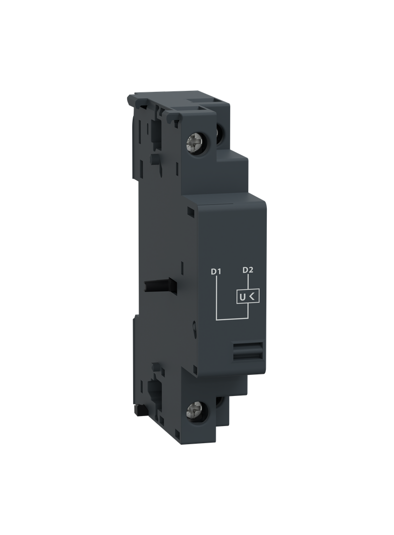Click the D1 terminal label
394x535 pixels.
tap(216, 272)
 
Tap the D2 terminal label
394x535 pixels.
tap(248, 271)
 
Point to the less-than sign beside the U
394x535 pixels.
tap(253, 298)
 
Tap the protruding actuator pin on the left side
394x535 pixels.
tap(158, 285)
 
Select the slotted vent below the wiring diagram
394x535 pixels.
tap(248, 350)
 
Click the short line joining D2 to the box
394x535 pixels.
tap(248, 283)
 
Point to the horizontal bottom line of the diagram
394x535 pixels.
tap(232, 319)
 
